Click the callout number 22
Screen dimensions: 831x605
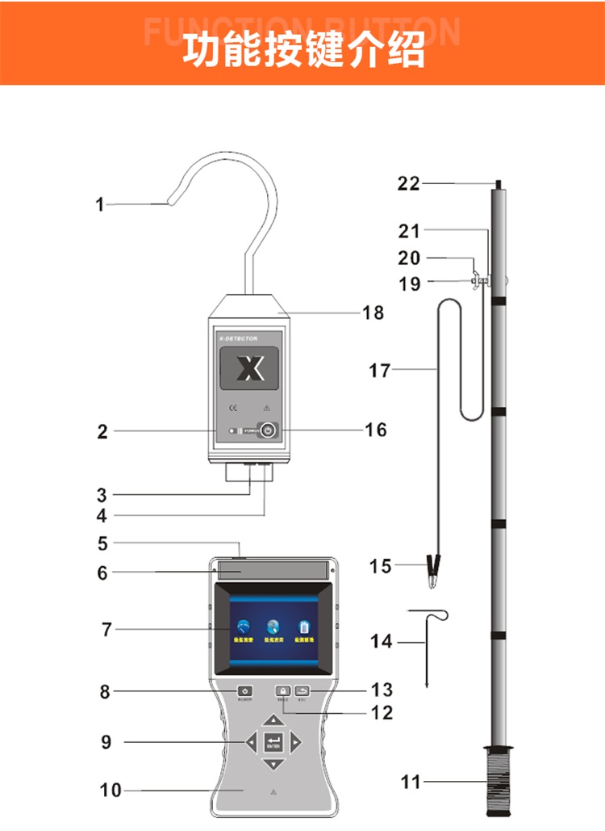pyautogui.click(x=408, y=183)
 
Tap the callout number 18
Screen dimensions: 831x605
pyautogui.click(x=373, y=313)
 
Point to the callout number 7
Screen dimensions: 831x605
pyautogui.click(x=106, y=629)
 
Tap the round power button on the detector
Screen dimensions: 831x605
pyautogui.click(x=269, y=431)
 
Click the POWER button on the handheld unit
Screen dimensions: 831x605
pyautogui.click(x=244, y=691)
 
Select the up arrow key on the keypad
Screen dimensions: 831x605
pyautogui.click(x=274, y=720)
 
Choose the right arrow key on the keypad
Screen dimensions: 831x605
pyautogui.click(x=296, y=741)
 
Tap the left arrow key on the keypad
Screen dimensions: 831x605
pyautogui.click(x=252, y=741)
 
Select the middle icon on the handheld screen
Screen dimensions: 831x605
pyautogui.click(x=273, y=627)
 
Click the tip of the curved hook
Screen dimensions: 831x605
pyautogui.click(x=170, y=206)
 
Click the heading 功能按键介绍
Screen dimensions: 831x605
pyautogui.click(x=302, y=50)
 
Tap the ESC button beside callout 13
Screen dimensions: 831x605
pyautogui.click(x=301, y=691)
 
